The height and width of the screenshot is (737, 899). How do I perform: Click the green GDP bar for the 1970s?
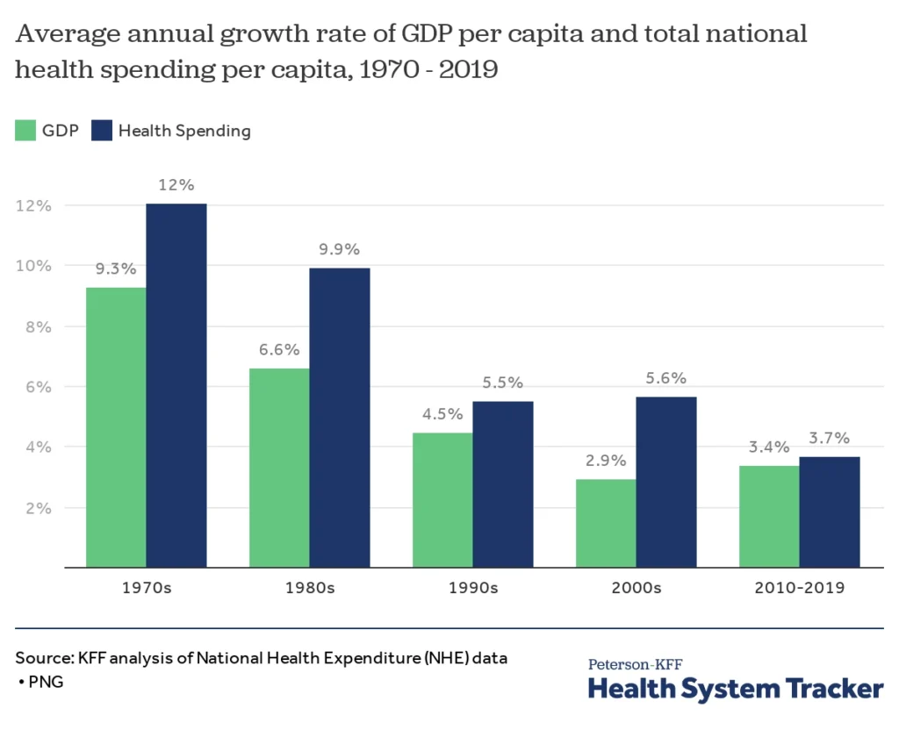tap(116, 427)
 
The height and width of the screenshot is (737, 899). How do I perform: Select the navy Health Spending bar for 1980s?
tap(340, 418)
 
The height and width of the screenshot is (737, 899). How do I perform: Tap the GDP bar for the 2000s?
tap(606, 523)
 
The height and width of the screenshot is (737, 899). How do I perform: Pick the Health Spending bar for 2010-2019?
tap(830, 512)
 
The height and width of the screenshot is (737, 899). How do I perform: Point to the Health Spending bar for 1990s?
tap(503, 484)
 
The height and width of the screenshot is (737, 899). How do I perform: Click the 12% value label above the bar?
tap(176, 185)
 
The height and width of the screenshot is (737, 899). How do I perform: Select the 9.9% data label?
tap(340, 249)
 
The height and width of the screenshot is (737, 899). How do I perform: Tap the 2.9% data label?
tap(606, 461)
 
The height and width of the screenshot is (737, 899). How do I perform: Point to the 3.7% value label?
tap(830, 438)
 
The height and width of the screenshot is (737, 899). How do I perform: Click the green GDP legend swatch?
tap(25, 131)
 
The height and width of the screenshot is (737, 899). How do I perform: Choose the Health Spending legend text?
tap(184, 131)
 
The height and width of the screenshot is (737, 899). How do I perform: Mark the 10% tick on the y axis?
tap(33, 266)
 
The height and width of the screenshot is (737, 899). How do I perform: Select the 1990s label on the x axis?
tap(472, 588)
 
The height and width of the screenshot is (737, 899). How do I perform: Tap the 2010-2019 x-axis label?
tap(799, 588)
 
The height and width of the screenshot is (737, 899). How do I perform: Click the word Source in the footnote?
tap(43, 657)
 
